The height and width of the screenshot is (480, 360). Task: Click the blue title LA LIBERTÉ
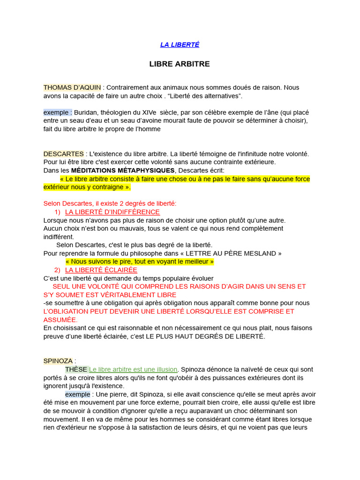point(180,45)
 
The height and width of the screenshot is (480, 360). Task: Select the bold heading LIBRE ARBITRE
point(180,64)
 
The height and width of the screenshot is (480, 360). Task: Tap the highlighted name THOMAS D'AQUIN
point(72,88)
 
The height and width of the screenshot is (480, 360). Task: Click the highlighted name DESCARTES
point(64,154)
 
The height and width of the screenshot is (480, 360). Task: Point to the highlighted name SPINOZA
point(58,361)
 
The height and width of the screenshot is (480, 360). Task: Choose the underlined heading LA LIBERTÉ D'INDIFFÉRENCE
point(112,212)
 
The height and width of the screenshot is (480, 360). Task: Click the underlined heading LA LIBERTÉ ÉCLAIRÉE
point(101,270)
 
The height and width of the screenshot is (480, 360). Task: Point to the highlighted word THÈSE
point(76,369)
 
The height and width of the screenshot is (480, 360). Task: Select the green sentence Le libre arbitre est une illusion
point(133,369)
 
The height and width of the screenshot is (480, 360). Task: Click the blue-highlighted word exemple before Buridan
point(57,112)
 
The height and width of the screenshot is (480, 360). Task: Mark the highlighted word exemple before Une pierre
point(77,394)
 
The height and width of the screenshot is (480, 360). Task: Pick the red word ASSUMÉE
point(60,320)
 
